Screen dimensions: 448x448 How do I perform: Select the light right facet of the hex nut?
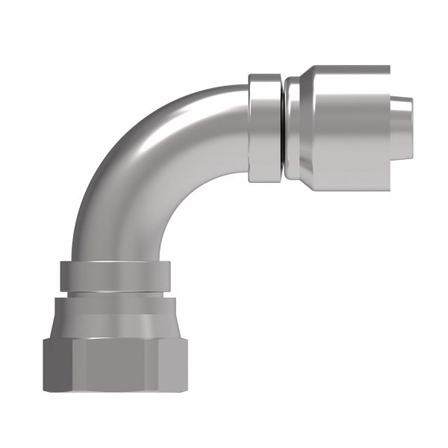point(173,366)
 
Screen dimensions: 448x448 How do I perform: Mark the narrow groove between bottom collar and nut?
point(115,294)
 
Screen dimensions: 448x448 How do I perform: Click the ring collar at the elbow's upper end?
point(264,127)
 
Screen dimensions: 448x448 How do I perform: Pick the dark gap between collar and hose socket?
point(283,127)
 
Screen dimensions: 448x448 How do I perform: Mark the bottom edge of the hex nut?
point(116,391)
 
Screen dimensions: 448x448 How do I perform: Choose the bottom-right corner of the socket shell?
point(387,187)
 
